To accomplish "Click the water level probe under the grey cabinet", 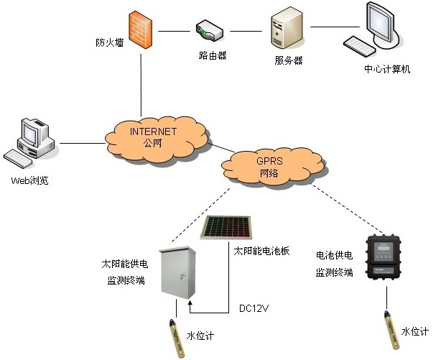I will click(x=173, y=331).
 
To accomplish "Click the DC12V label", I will click(x=253, y=310).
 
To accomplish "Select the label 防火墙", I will click(x=110, y=42).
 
